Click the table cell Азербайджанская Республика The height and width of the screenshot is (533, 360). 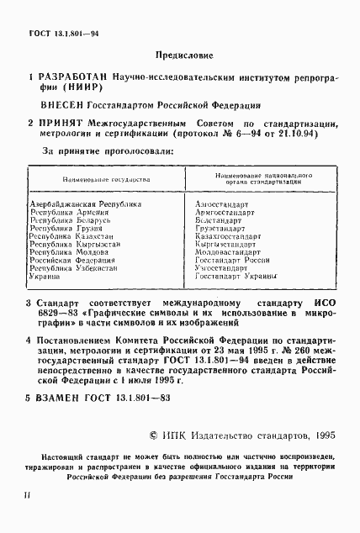point(85,204)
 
